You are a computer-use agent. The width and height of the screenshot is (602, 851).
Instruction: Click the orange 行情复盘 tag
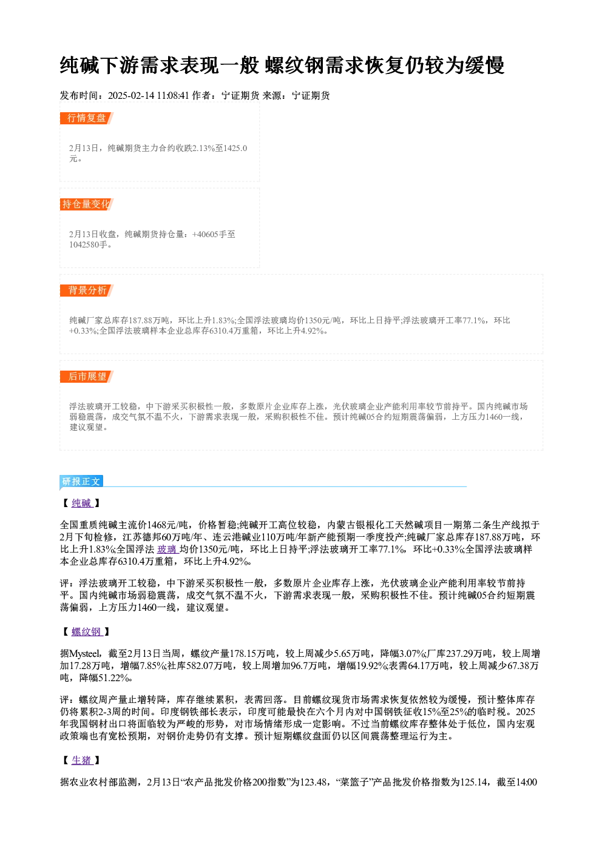pyautogui.click(x=87, y=118)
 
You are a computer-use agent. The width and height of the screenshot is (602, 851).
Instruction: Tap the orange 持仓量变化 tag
pyautogui.click(x=87, y=204)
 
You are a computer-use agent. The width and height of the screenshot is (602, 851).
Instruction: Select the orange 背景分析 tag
pyautogui.click(x=87, y=291)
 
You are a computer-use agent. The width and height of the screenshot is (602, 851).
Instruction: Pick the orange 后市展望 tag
pyautogui.click(x=87, y=377)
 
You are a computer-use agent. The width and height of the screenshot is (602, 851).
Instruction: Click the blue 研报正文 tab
pyautogui.click(x=81, y=482)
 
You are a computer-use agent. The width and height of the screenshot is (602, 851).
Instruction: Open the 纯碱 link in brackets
pyautogui.click(x=82, y=503)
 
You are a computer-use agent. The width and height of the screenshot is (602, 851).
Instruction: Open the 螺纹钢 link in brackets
pyautogui.click(x=87, y=632)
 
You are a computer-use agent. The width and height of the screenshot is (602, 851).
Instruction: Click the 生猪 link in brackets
pyautogui.click(x=82, y=760)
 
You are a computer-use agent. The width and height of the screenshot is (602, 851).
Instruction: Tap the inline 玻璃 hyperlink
pyautogui.click(x=167, y=550)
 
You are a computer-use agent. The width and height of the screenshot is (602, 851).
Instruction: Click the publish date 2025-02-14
pyautogui.click(x=130, y=96)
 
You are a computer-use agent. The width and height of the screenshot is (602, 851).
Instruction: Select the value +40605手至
pyautogui.click(x=214, y=234)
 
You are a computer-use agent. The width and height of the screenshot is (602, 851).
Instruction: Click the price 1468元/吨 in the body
pyautogui.click(x=167, y=525)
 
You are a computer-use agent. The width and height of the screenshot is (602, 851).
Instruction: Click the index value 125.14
pyautogui.click(x=473, y=782)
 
